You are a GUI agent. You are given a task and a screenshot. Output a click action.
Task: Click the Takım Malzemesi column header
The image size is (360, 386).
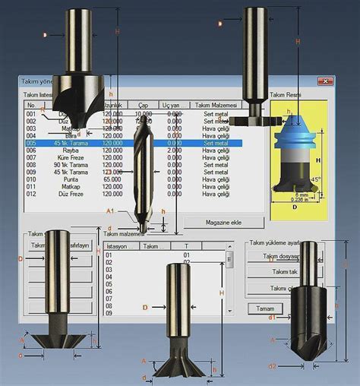pos(216,105)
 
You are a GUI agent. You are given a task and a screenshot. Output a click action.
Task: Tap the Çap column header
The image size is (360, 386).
pos(142,105)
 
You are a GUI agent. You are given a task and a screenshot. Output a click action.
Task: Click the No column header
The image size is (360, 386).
pos(31,105)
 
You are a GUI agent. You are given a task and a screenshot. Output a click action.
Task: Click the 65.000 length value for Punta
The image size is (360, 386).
pos(112,179)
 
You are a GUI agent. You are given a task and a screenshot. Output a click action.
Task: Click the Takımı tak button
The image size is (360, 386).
pos(284,271)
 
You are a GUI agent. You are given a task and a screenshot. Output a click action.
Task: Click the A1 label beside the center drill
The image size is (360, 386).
pos(109,210)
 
